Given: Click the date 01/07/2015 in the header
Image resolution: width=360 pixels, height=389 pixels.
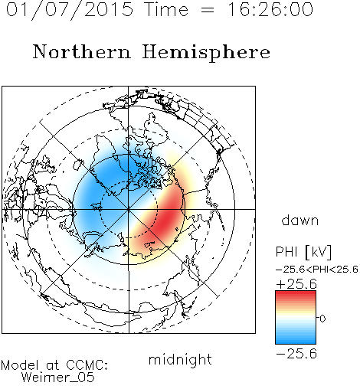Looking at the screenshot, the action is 70,10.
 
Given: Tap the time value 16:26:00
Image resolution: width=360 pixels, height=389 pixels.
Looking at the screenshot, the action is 270,10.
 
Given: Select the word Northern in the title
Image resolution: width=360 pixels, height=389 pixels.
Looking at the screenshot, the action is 82,52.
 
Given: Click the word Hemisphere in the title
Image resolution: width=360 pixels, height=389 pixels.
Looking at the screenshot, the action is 206,53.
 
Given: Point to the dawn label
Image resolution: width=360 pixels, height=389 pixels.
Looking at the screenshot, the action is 300,221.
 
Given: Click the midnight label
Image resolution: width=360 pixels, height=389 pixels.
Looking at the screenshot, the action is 180,360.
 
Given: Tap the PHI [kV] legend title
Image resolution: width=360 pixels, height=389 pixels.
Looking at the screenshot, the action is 303,252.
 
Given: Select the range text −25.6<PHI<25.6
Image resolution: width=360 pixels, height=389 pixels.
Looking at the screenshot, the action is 317,270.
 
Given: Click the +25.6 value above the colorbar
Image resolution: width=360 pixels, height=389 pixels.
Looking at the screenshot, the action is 296,284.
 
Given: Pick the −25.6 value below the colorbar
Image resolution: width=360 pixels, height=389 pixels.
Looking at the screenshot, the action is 296,354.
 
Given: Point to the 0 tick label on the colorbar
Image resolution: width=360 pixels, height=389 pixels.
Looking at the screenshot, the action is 322,319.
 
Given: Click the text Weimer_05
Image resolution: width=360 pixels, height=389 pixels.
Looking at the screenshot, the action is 58,378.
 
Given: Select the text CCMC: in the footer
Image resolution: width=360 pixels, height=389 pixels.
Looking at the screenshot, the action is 87,365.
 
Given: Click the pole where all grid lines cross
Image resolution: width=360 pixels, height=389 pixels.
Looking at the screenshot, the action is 129,209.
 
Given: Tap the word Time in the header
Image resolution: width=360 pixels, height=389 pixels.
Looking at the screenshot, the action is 166,9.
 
